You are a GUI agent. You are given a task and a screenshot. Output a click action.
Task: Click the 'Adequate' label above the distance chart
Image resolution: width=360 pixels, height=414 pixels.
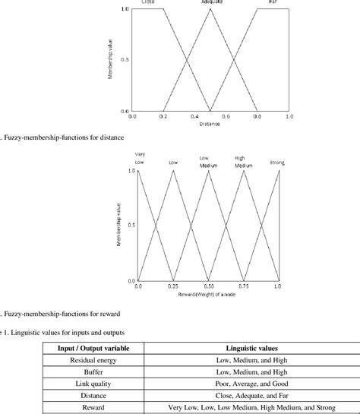click(x=211, y=3)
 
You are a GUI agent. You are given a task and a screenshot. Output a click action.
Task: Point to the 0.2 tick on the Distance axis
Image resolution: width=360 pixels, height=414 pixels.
click(x=163, y=117)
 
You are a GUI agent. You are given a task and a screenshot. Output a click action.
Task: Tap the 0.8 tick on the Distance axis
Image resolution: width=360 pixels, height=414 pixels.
click(x=257, y=117)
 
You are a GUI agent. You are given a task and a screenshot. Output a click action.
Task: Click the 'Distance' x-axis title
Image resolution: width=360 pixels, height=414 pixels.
click(x=210, y=124)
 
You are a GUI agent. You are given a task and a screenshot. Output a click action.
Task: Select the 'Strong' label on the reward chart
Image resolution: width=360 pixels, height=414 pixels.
click(x=277, y=162)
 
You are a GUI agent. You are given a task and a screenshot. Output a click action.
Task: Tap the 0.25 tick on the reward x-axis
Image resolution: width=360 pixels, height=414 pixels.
click(x=173, y=287)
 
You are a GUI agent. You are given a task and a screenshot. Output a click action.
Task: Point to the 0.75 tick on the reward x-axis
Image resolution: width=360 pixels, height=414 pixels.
click(x=243, y=287)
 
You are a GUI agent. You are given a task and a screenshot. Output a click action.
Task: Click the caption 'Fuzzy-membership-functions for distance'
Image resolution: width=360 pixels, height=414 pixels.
click(x=57, y=137)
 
